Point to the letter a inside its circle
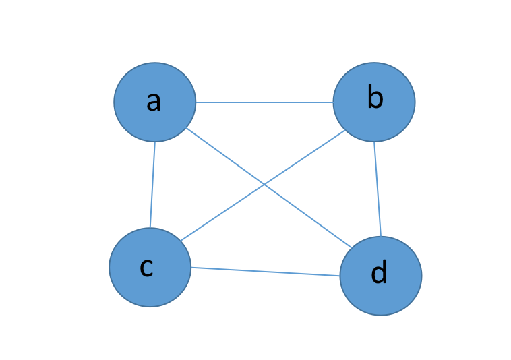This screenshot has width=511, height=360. (154, 101)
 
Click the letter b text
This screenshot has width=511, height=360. (375, 98)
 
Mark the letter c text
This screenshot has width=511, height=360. (146, 267)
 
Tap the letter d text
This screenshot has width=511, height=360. (380, 273)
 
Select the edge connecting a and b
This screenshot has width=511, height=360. (264, 102)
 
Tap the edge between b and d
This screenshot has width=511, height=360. (378, 189)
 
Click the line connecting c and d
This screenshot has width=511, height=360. (264, 272)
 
